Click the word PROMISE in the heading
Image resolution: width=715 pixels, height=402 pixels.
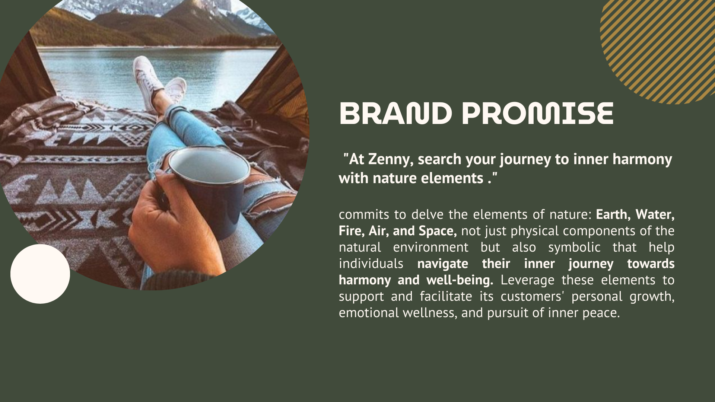click(x=538, y=113)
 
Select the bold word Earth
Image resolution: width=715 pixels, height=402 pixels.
click(x=613, y=215)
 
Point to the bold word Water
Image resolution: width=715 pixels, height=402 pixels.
click(x=655, y=215)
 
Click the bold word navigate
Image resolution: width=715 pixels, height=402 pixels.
click(x=443, y=264)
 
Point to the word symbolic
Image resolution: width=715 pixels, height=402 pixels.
click(x=574, y=248)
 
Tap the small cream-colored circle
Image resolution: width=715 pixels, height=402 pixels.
click(x=40, y=274)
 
